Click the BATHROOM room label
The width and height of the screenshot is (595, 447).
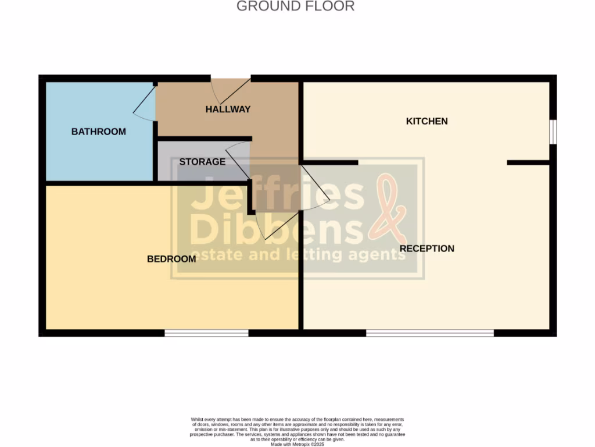99,132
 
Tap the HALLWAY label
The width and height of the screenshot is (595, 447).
228,109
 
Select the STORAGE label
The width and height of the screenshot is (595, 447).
202,162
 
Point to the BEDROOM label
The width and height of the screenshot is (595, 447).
171,259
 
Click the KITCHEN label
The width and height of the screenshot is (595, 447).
426,121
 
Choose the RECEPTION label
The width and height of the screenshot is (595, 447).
427,249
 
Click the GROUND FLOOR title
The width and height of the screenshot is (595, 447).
295,6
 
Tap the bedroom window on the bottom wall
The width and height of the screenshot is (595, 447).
206,333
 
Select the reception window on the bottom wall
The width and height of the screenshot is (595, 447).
429,333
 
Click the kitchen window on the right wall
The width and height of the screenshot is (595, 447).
553,131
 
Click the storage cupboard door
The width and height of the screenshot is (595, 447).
238,160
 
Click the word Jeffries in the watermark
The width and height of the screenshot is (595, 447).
276,196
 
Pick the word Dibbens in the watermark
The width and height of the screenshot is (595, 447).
276,230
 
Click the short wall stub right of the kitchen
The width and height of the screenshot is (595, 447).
528,162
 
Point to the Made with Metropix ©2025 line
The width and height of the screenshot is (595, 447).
297,444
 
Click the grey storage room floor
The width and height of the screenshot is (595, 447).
174,172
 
